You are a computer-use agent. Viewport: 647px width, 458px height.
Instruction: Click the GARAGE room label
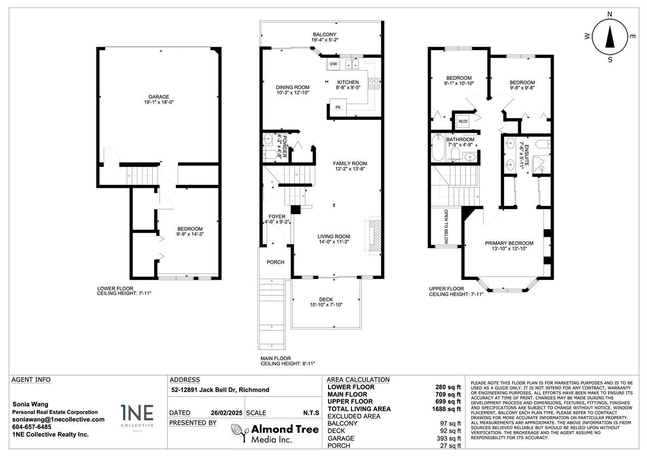click(x=159, y=97)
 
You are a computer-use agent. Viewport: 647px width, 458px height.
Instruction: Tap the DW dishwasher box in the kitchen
click(x=333, y=64)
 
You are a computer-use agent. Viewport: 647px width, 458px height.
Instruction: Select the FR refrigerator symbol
click(x=338, y=107)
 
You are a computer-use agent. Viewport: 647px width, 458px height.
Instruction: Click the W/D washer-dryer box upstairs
click(x=463, y=121)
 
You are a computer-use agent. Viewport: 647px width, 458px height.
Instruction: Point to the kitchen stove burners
click(x=374, y=84)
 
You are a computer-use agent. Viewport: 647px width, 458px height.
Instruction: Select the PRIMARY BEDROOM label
click(x=509, y=243)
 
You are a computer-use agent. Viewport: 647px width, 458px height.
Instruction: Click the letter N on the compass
click(x=610, y=14)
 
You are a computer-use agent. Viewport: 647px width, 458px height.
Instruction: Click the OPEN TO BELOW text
click(x=446, y=227)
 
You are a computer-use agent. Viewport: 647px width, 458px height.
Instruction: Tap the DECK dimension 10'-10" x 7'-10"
click(x=326, y=305)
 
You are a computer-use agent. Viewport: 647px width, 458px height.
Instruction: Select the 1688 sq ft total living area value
click(x=446, y=409)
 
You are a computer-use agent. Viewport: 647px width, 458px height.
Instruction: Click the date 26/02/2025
click(x=226, y=413)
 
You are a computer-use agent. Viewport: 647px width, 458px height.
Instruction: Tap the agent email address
click(x=58, y=419)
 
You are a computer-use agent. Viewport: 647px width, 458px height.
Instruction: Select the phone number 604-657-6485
click(x=32, y=427)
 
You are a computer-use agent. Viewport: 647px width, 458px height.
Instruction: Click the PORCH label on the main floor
click(x=275, y=262)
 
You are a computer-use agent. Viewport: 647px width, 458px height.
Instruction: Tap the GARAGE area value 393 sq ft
click(x=448, y=439)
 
